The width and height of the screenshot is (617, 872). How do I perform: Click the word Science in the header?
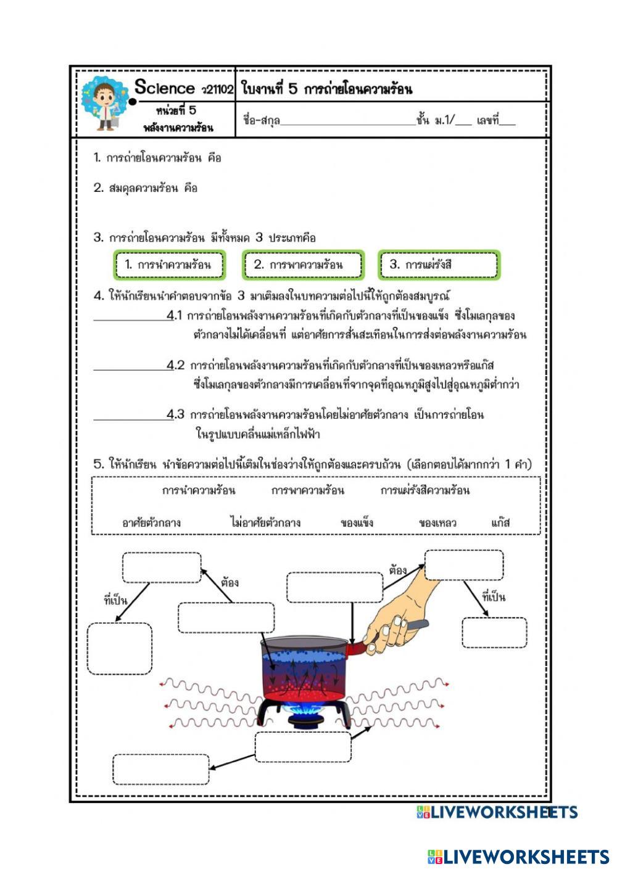164,88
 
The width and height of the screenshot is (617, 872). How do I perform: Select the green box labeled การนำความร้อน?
169,265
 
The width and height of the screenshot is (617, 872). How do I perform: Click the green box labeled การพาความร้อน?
302,265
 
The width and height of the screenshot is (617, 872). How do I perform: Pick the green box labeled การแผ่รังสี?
437,265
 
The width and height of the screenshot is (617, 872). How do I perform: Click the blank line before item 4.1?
130,319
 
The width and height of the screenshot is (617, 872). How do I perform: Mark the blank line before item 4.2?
130,368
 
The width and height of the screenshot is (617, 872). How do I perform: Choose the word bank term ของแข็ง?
357,523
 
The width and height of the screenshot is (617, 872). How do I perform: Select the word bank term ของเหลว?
437,523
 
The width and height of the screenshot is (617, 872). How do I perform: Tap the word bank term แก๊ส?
500,523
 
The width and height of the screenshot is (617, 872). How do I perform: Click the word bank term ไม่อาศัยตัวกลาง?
265,523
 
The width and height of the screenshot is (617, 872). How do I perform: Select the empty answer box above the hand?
463,565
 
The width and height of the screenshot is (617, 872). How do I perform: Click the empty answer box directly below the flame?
303,747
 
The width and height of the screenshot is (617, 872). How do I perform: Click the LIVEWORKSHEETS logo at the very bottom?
518,857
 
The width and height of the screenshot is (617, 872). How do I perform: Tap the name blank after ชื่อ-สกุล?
348,121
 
